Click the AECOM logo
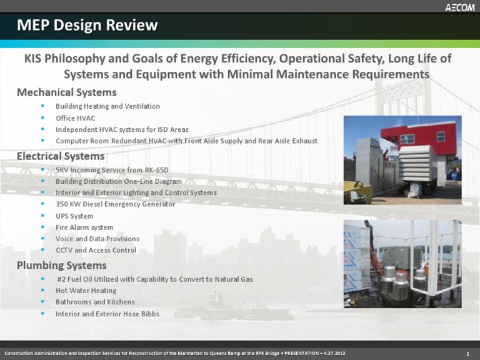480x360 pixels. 459,7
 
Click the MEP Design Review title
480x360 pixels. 87,26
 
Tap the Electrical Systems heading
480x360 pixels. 61,156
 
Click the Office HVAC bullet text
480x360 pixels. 75,118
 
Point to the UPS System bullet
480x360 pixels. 74,216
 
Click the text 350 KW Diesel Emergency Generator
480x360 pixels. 115,204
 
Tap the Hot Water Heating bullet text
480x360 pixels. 86,291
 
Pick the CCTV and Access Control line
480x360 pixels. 96,251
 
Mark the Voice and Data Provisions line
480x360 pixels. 97,239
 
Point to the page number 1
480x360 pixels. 467,354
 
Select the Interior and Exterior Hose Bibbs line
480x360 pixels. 107,314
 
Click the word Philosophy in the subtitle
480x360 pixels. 79,59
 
